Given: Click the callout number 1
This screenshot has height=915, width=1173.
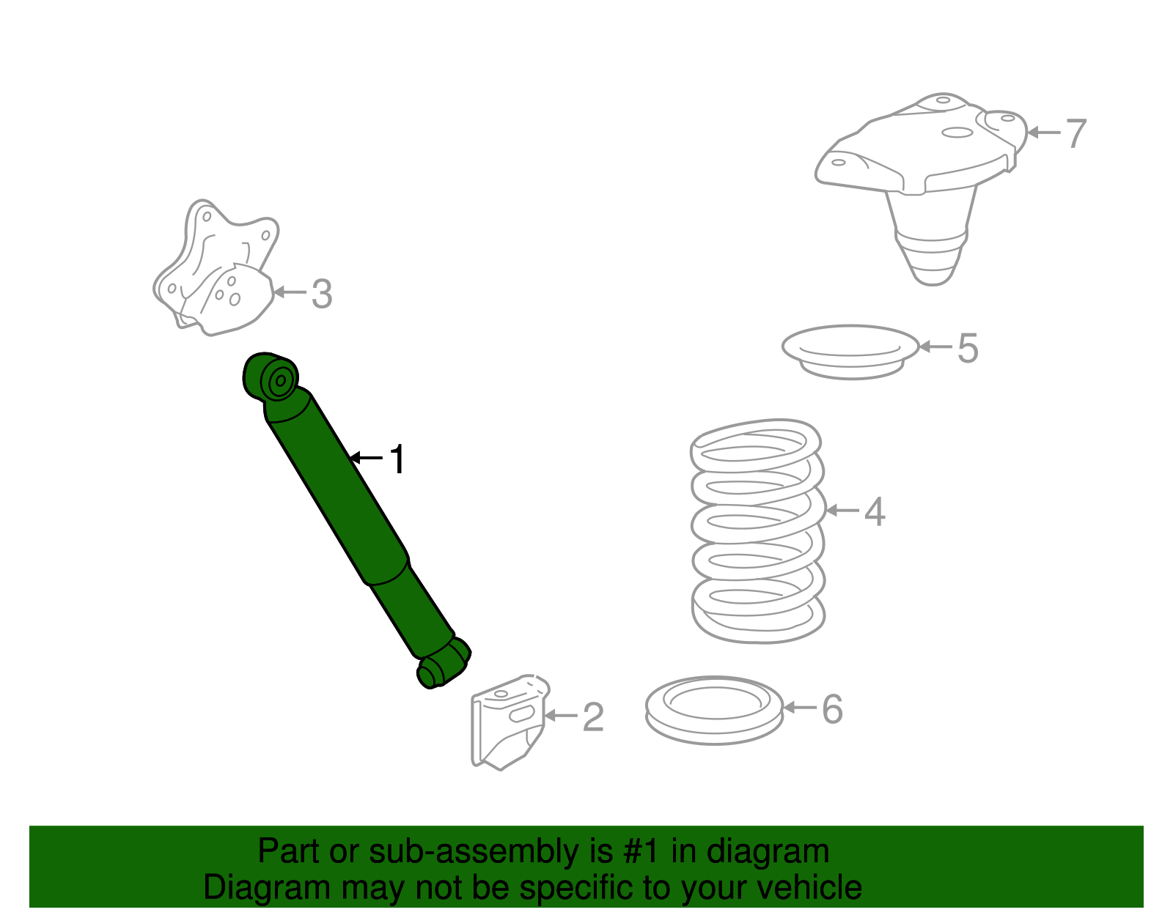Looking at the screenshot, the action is click(x=398, y=459).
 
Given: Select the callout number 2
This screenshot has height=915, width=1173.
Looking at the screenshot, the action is click(x=592, y=717).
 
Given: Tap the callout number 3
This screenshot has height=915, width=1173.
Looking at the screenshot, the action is click(x=322, y=294).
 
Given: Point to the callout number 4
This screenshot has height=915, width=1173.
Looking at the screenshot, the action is click(x=875, y=511).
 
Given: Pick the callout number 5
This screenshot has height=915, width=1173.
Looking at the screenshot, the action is click(x=967, y=348).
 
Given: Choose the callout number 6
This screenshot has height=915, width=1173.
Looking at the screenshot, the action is click(x=832, y=708).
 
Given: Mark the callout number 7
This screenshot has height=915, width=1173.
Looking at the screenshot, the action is click(x=1075, y=133).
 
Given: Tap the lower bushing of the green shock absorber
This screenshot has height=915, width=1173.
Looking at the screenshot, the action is click(x=444, y=663).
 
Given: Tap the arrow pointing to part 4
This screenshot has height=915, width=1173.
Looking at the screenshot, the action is click(x=842, y=510).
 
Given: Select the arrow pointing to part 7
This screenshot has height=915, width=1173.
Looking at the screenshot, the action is click(x=1044, y=132).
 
